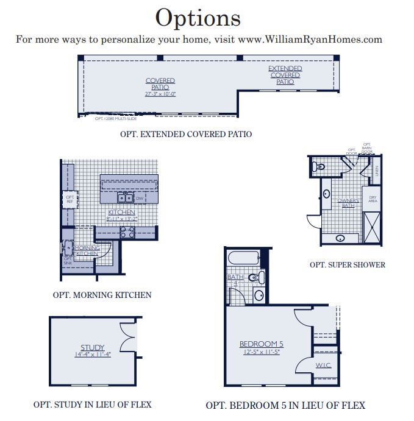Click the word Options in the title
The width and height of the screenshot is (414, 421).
pyautogui.click(x=198, y=18)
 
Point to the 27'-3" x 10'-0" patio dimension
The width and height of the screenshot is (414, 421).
pyautogui.click(x=160, y=94)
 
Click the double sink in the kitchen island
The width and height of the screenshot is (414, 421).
pyautogui.click(x=126, y=198)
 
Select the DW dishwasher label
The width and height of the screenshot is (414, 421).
pyautogui.click(x=140, y=199)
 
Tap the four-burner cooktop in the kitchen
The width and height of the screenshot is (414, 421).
pyautogui.click(x=127, y=232)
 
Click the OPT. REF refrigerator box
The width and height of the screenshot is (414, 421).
pyautogui.click(x=70, y=199)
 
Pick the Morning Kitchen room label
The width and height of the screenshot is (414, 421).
pyautogui.click(x=87, y=250)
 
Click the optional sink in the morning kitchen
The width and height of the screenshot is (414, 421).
pyautogui.click(x=68, y=247)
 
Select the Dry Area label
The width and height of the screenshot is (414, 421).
pyautogui.click(x=373, y=199)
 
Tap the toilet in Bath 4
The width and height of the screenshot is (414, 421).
pyautogui.click(x=259, y=278)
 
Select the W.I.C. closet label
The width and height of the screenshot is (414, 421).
pyautogui.click(x=323, y=365)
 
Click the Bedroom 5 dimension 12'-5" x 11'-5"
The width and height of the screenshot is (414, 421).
pyautogui.click(x=260, y=352)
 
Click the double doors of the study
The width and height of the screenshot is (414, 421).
pyautogui.click(x=128, y=338)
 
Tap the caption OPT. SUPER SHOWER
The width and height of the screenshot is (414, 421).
pyautogui.click(x=348, y=264)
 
